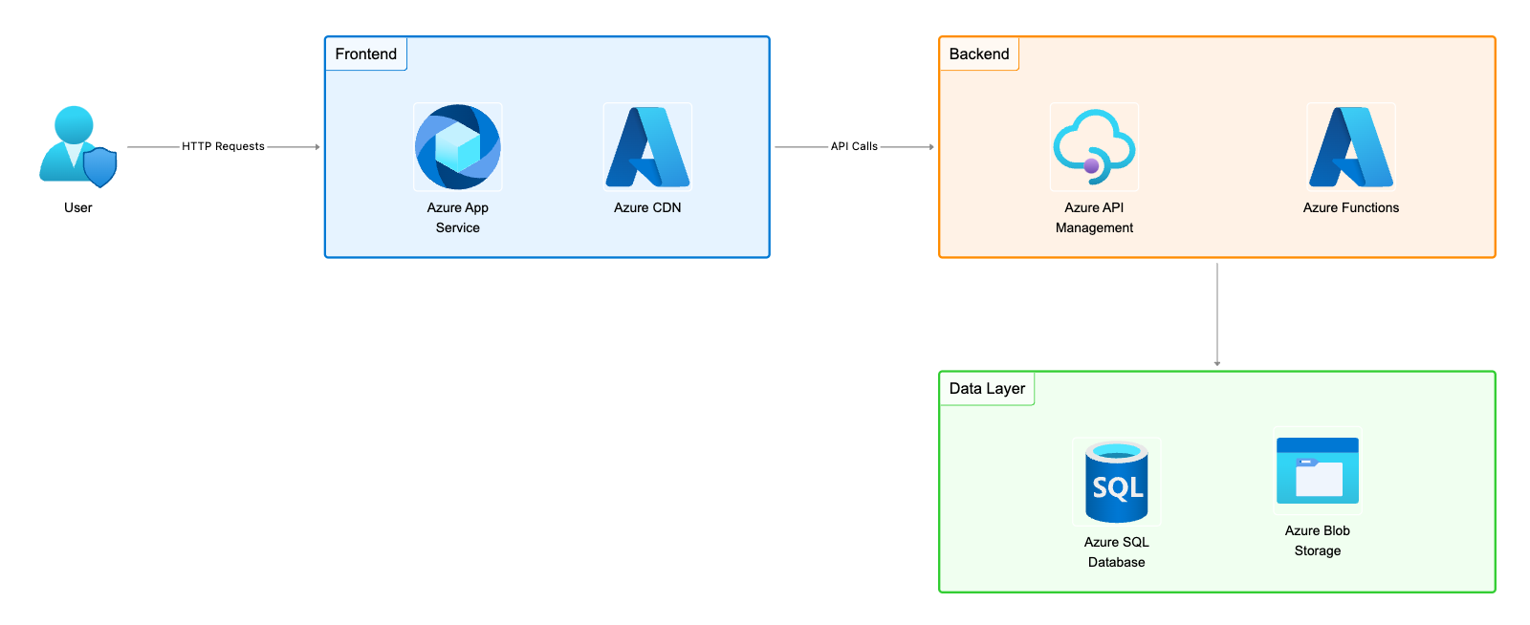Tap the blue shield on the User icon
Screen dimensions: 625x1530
[x=99, y=166]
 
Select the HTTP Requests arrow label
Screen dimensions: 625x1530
[x=223, y=146]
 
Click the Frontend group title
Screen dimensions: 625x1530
[x=365, y=54]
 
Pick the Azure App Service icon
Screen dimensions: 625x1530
[x=457, y=146]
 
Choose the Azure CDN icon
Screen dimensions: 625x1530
[x=647, y=146]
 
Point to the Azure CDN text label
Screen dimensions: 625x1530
[x=647, y=207]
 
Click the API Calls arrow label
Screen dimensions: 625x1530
[x=854, y=146]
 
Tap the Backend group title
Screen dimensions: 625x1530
[x=978, y=54]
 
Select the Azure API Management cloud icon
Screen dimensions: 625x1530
[x=1094, y=146]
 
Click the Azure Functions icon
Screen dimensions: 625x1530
[x=1350, y=146]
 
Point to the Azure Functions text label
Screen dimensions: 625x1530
[x=1350, y=207]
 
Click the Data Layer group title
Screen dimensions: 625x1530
[x=987, y=389]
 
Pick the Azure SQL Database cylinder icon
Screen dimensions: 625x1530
[x=1116, y=482]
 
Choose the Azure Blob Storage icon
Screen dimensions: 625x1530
[x=1317, y=470]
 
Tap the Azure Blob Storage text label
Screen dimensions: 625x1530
[x=1317, y=541]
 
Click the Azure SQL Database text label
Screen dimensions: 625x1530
[x=1116, y=552]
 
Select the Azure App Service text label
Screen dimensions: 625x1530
[x=457, y=218]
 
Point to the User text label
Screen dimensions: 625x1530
[x=78, y=207]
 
